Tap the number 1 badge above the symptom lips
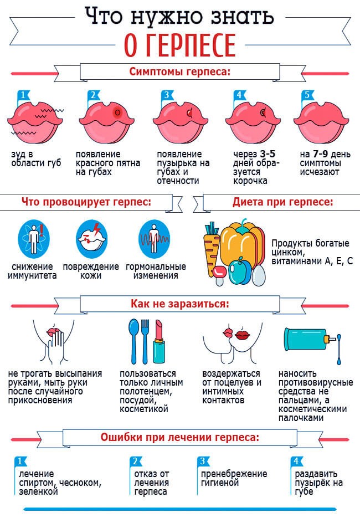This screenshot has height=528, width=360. click(x=23, y=95)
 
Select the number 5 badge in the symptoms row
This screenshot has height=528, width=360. click(x=307, y=95)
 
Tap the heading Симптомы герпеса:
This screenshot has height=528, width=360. click(x=180, y=71)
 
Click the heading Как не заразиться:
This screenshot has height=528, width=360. click(x=180, y=304)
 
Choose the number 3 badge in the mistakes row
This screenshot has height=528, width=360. click(x=203, y=461)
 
